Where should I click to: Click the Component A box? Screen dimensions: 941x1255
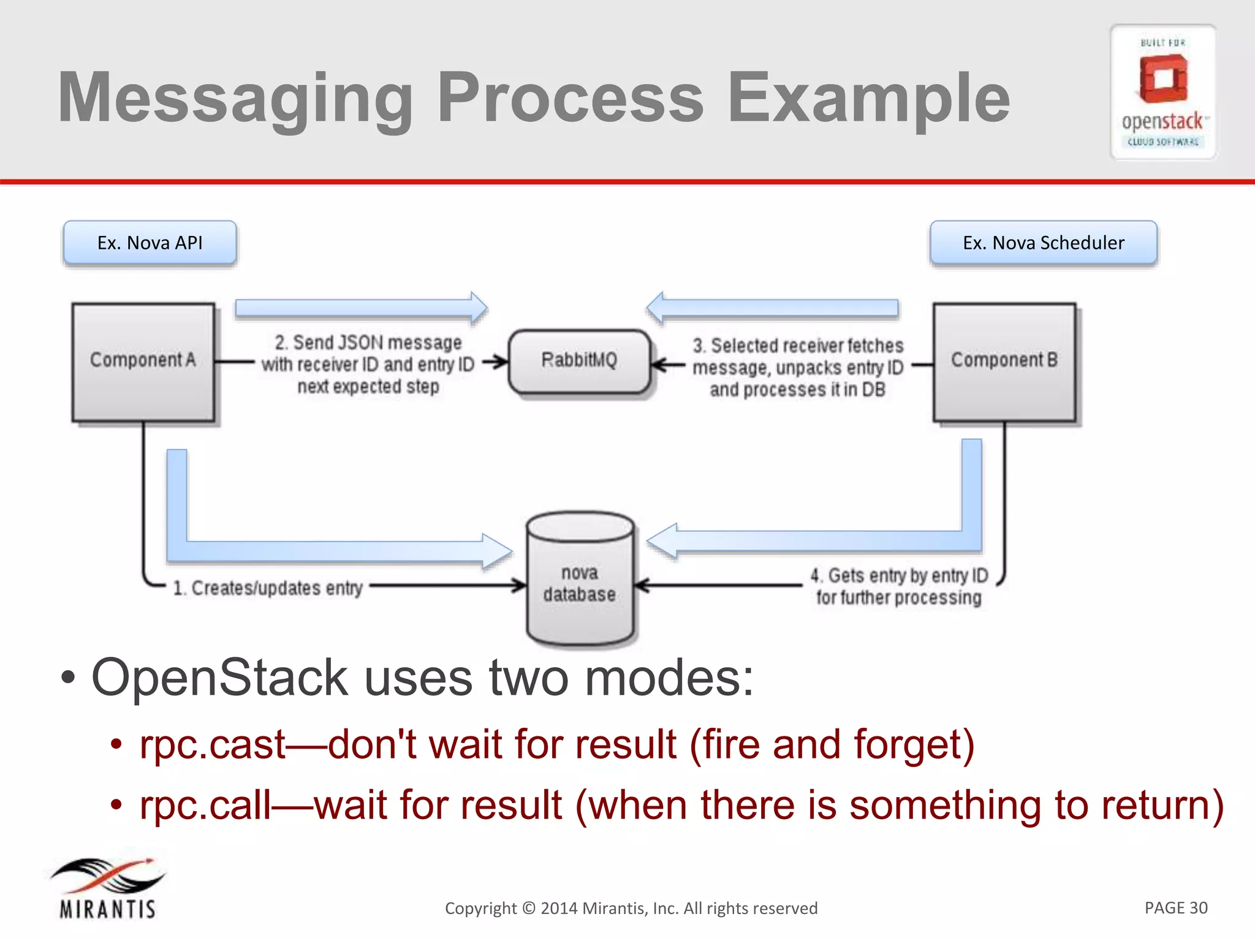pyautogui.click(x=143, y=361)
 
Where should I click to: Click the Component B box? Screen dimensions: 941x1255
pyautogui.click(x=1004, y=361)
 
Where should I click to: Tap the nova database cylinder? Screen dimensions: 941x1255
pyautogui.click(x=580, y=579)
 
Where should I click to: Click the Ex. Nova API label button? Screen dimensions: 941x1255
pyautogui.click(x=150, y=243)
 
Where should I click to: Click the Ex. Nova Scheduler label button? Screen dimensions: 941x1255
pyautogui.click(x=1043, y=243)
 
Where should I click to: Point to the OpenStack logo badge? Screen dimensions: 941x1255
pyautogui.click(x=1162, y=92)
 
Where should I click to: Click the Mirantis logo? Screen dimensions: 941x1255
pyautogui.click(x=108, y=888)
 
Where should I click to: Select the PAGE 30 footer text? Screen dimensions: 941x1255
pyautogui.click(x=1175, y=907)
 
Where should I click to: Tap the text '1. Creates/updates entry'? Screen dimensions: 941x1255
pyautogui.click(x=268, y=588)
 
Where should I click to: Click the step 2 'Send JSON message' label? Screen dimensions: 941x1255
pyautogui.click(x=368, y=364)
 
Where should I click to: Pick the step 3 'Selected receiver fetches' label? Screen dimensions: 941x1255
pyautogui.click(x=798, y=367)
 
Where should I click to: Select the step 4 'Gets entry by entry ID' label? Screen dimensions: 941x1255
pyautogui.click(x=899, y=586)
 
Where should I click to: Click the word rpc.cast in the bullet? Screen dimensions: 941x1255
pyautogui.click(x=212, y=745)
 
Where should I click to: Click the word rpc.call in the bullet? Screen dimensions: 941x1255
pyautogui.click(x=205, y=805)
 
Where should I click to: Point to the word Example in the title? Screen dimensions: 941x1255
pyautogui.click(x=868, y=98)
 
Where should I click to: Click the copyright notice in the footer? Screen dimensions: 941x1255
pyautogui.click(x=631, y=908)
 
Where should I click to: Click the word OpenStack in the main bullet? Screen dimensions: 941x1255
pyautogui.click(x=219, y=678)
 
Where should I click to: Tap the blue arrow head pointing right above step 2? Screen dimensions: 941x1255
pyautogui.click(x=479, y=308)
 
